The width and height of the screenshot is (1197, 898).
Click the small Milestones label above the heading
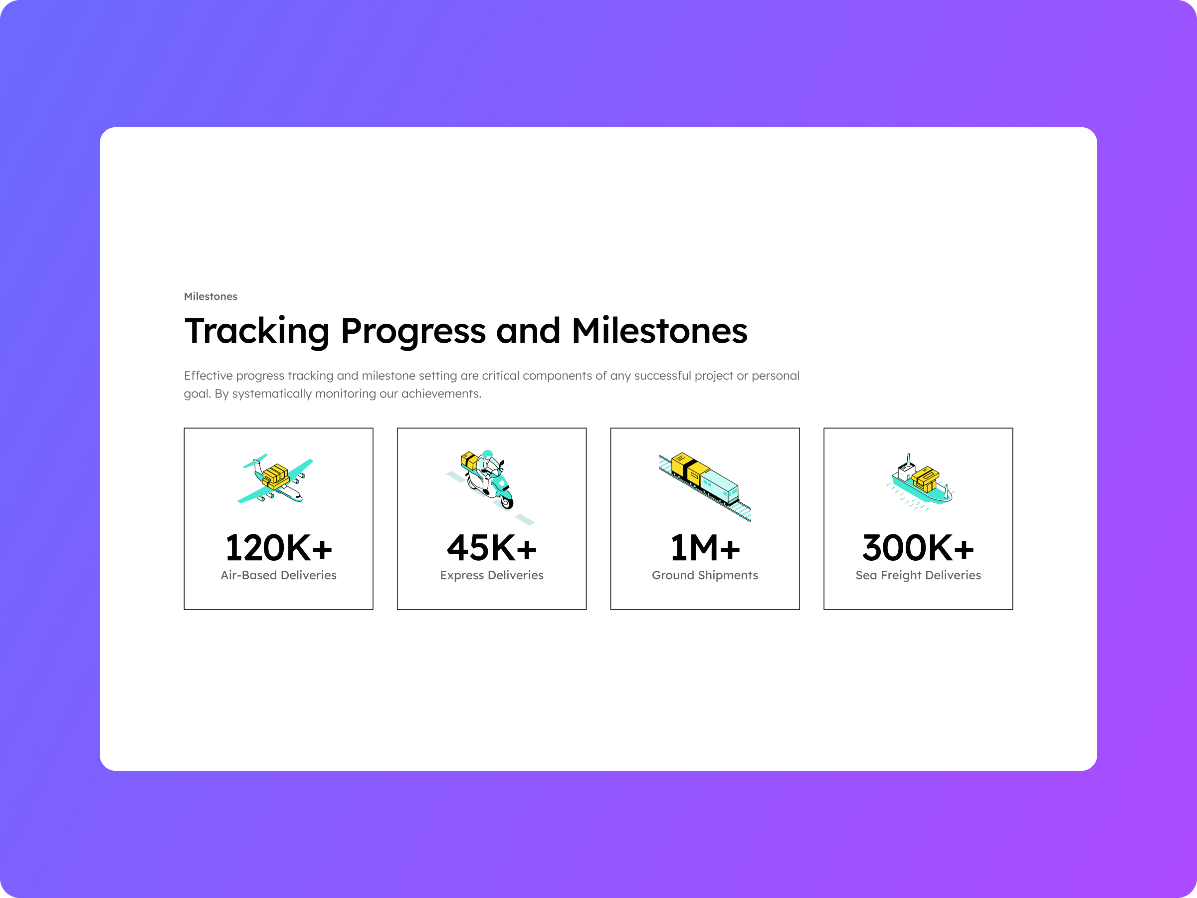click(210, 296)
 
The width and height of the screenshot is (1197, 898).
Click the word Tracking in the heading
click(256, 331)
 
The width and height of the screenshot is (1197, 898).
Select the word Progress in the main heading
click(413, 331)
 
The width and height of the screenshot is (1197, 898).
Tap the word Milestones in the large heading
click(659, 331)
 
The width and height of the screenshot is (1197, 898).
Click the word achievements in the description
click(440, 394)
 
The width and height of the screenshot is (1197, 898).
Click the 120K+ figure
click(278, 548)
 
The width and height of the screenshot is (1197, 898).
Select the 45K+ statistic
click(491, 548)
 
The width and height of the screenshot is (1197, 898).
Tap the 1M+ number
click(705, 548)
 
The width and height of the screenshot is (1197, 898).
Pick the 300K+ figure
click(918, 548)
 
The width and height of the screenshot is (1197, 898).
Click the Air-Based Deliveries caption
click(278, 575)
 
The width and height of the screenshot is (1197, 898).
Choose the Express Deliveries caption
click(491, 575)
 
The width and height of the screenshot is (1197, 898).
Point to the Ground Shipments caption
click(705, 575)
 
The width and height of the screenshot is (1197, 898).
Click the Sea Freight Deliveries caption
click(918, 575)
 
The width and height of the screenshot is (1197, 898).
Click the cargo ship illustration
click(920, 482)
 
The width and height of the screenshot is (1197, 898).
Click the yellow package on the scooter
click(469, 460)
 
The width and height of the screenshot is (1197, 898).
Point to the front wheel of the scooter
click(507, 502)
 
